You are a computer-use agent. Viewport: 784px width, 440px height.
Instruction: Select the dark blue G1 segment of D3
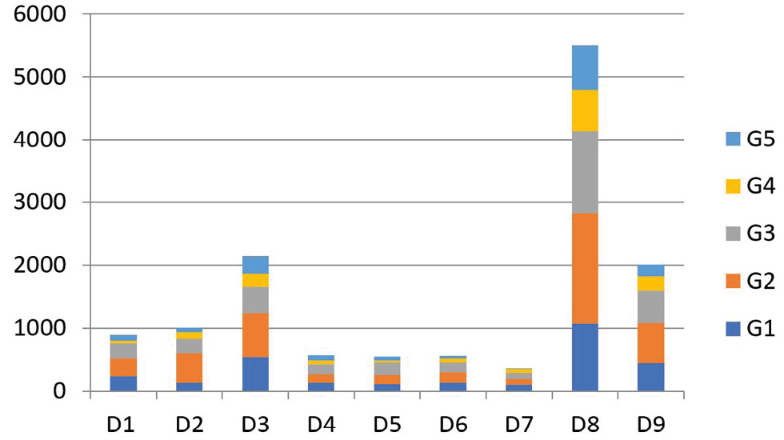[x=255, y=374]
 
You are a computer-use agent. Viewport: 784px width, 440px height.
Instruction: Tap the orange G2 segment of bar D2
[x=189, y=367]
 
